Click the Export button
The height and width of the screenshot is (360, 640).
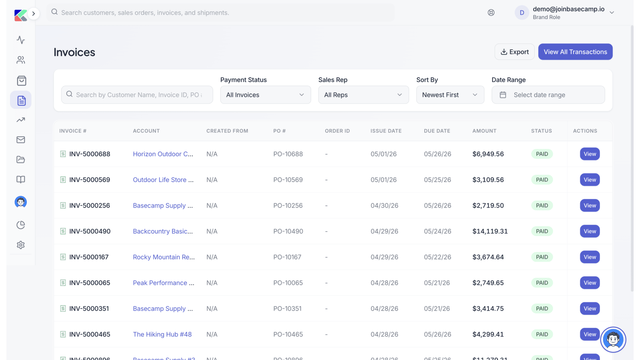point(514,52)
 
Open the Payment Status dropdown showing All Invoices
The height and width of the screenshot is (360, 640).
point(266,95)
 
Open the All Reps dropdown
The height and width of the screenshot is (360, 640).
point(364,95)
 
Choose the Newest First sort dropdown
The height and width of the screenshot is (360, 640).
point(450,95)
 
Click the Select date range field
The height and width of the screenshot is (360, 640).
point(548,95)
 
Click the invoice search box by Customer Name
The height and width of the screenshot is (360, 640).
point(137,95)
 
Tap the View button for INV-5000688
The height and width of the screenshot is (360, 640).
point(590,154)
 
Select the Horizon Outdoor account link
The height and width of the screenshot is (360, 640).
point(163,154)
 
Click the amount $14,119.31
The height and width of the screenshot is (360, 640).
point(490,231)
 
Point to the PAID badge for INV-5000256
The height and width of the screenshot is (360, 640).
point(542,206)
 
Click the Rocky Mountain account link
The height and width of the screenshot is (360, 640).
point(164,257)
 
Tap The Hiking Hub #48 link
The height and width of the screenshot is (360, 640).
point(162,334)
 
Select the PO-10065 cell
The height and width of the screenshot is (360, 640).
point(287,283)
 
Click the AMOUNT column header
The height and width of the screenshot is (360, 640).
point(484,131)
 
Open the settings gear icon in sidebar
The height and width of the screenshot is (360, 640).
point(20,245)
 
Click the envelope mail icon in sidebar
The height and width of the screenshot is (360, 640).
point(20,140)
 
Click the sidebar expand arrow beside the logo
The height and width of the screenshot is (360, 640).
point(34,14)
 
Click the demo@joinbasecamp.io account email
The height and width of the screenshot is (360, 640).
point(568,9)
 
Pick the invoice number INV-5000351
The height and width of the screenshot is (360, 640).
point(89,308)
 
